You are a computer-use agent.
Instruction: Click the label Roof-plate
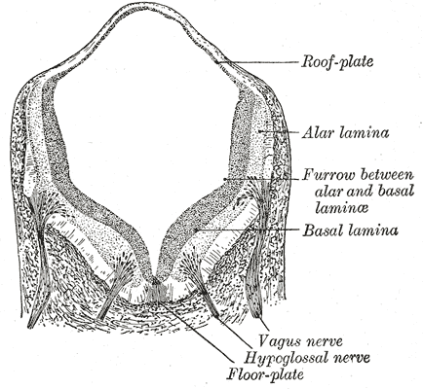coord(337,61)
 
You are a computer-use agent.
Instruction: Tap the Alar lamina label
coord(345,133)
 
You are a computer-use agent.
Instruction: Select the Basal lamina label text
coord(350,230)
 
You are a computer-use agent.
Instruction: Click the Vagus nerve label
coord(301,341)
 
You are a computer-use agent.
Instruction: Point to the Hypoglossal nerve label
coord(307,358)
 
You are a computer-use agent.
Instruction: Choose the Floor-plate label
coord(265,374)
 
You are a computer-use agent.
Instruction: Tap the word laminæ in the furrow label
coord(341,208)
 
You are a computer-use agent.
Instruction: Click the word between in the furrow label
coord(387,175)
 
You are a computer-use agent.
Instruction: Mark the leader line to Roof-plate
coord(256,62)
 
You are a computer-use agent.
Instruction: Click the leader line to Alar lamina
coord(279,132)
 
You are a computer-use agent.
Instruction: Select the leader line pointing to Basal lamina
coord(247,230)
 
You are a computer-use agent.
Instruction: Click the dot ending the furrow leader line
coord(224,179)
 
